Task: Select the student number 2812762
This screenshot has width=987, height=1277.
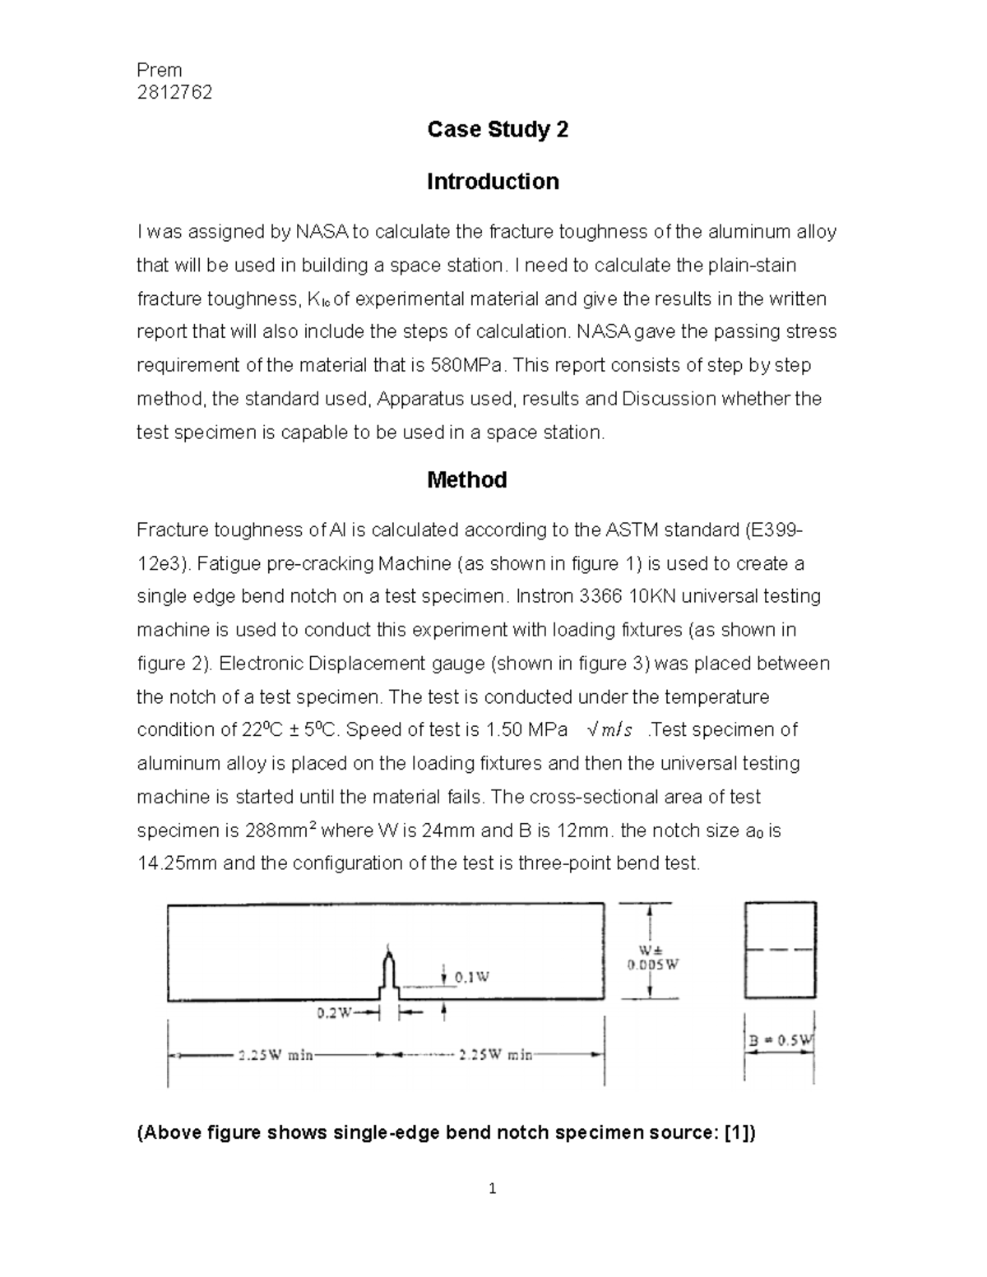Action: coord(174,92)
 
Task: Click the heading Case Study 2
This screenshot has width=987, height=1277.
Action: coord(498,130)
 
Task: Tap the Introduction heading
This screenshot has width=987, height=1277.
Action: coord(493,182)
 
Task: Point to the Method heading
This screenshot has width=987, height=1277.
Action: coord(466,480)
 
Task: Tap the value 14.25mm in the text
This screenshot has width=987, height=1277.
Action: coord(178,863)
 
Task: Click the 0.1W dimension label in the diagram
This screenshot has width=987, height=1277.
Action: coord(473,977)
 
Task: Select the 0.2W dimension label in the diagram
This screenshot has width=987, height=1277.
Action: coord(335,1013)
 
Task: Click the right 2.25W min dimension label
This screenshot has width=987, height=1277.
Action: coord(495,1055)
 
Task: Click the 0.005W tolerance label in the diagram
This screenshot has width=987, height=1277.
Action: coord(653,965)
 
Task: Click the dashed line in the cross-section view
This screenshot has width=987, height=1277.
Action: coord(780,949)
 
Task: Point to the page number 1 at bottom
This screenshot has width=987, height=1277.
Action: coord(492,1188)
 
